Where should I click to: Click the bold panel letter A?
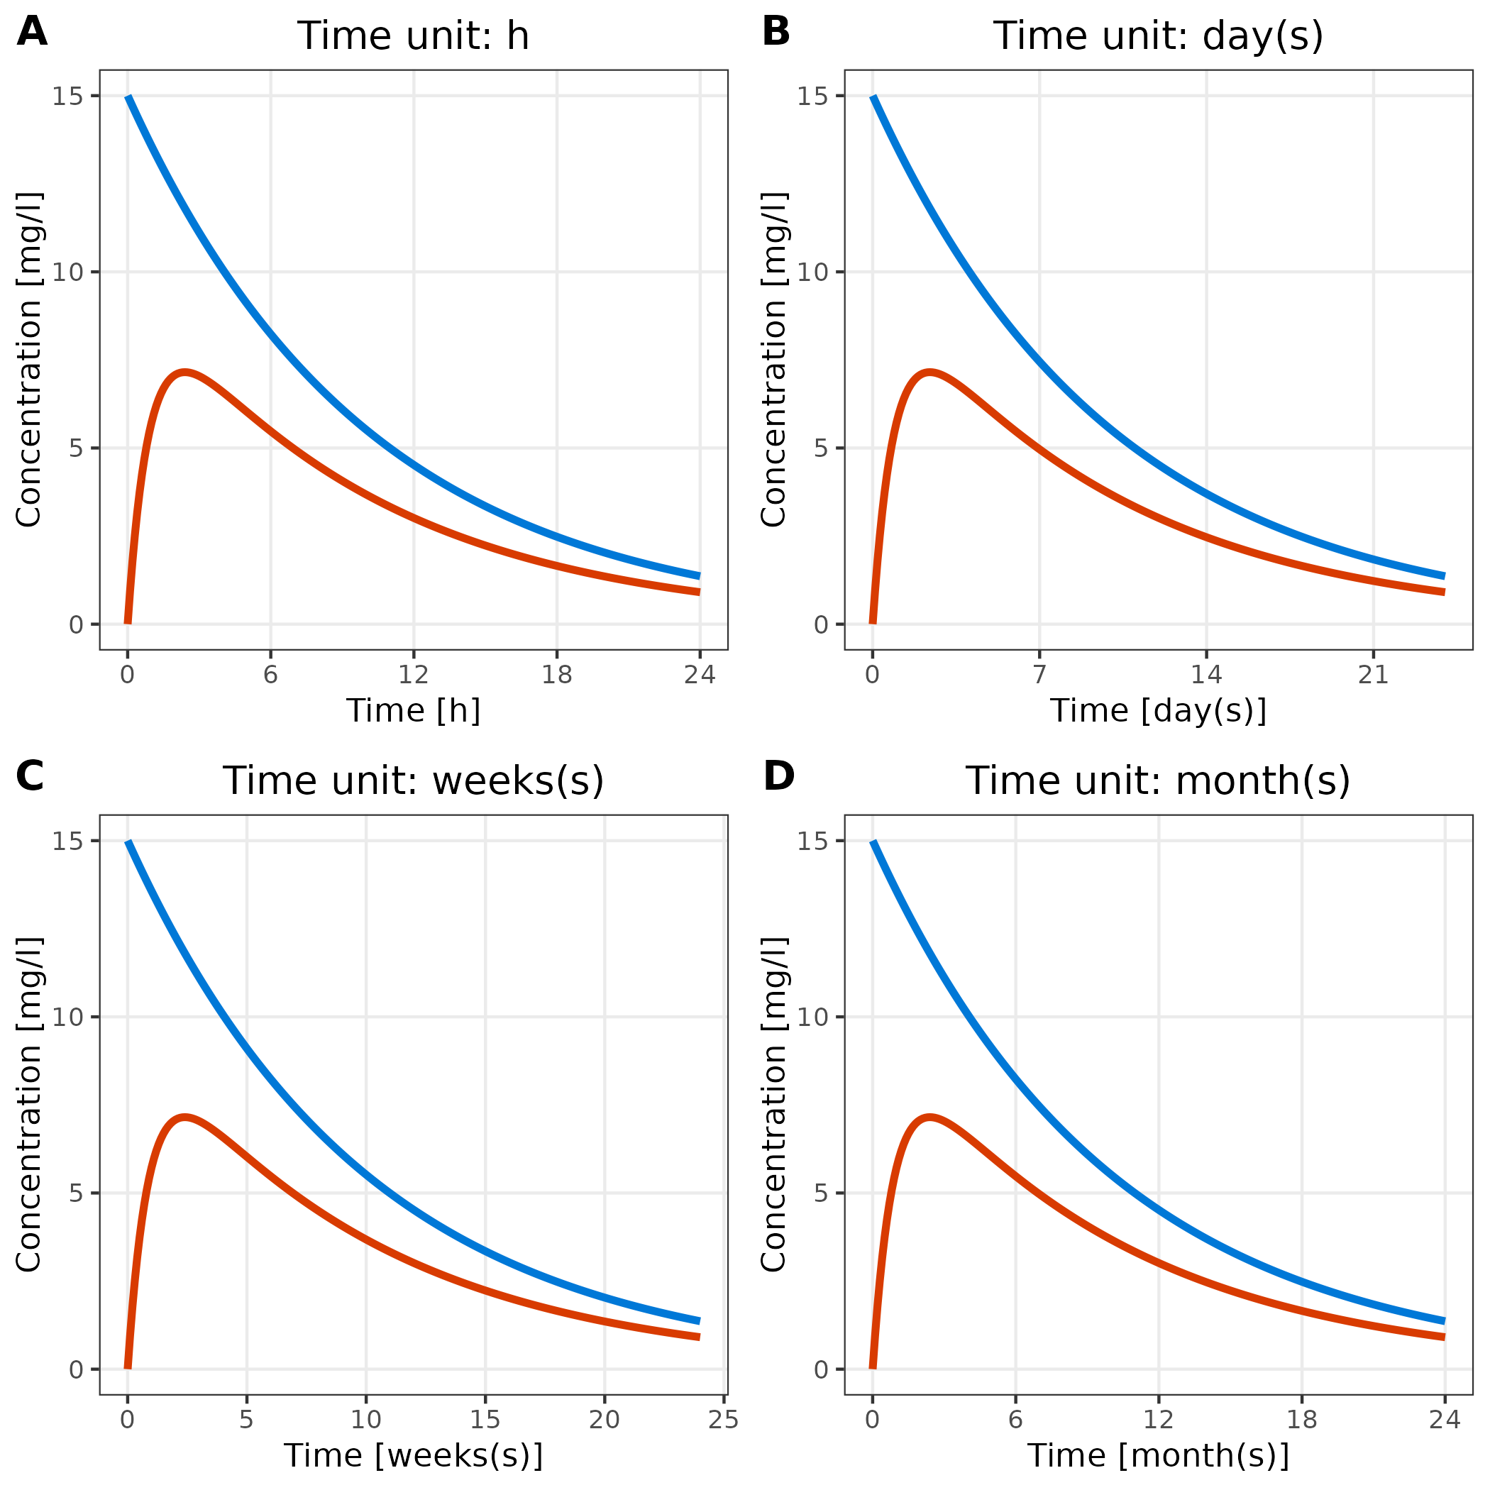coord(32,33)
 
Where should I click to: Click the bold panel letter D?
coord(778,776)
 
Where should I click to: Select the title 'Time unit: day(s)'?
coord(1158,36)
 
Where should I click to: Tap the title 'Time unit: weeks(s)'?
coord(414,780)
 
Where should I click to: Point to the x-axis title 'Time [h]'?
coord(414,710)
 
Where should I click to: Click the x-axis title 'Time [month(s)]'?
coord(1158,1455)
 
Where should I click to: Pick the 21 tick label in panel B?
coord(1374,675)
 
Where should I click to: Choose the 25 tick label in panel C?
coord(724,1420)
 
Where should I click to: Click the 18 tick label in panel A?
coord(557,675)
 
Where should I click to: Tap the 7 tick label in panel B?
coord(1039,675)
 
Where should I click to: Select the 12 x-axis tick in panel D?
coord(1159,1420)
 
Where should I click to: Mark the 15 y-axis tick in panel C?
coord(67,841)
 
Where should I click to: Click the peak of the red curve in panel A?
coord(184,372)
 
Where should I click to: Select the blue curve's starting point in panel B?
coord(873,97)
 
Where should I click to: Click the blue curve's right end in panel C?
coord(699,1320)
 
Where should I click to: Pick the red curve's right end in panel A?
coord(699,592)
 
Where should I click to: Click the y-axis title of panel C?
coord(29,1105)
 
